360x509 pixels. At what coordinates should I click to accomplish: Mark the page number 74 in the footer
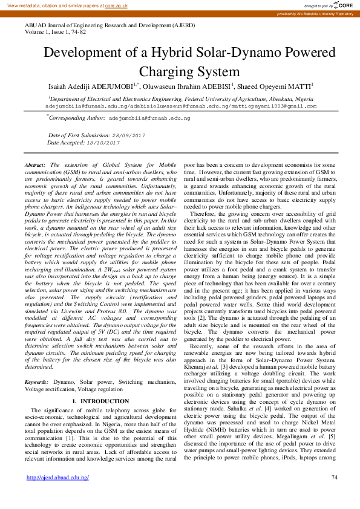(x=335, y=478)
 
